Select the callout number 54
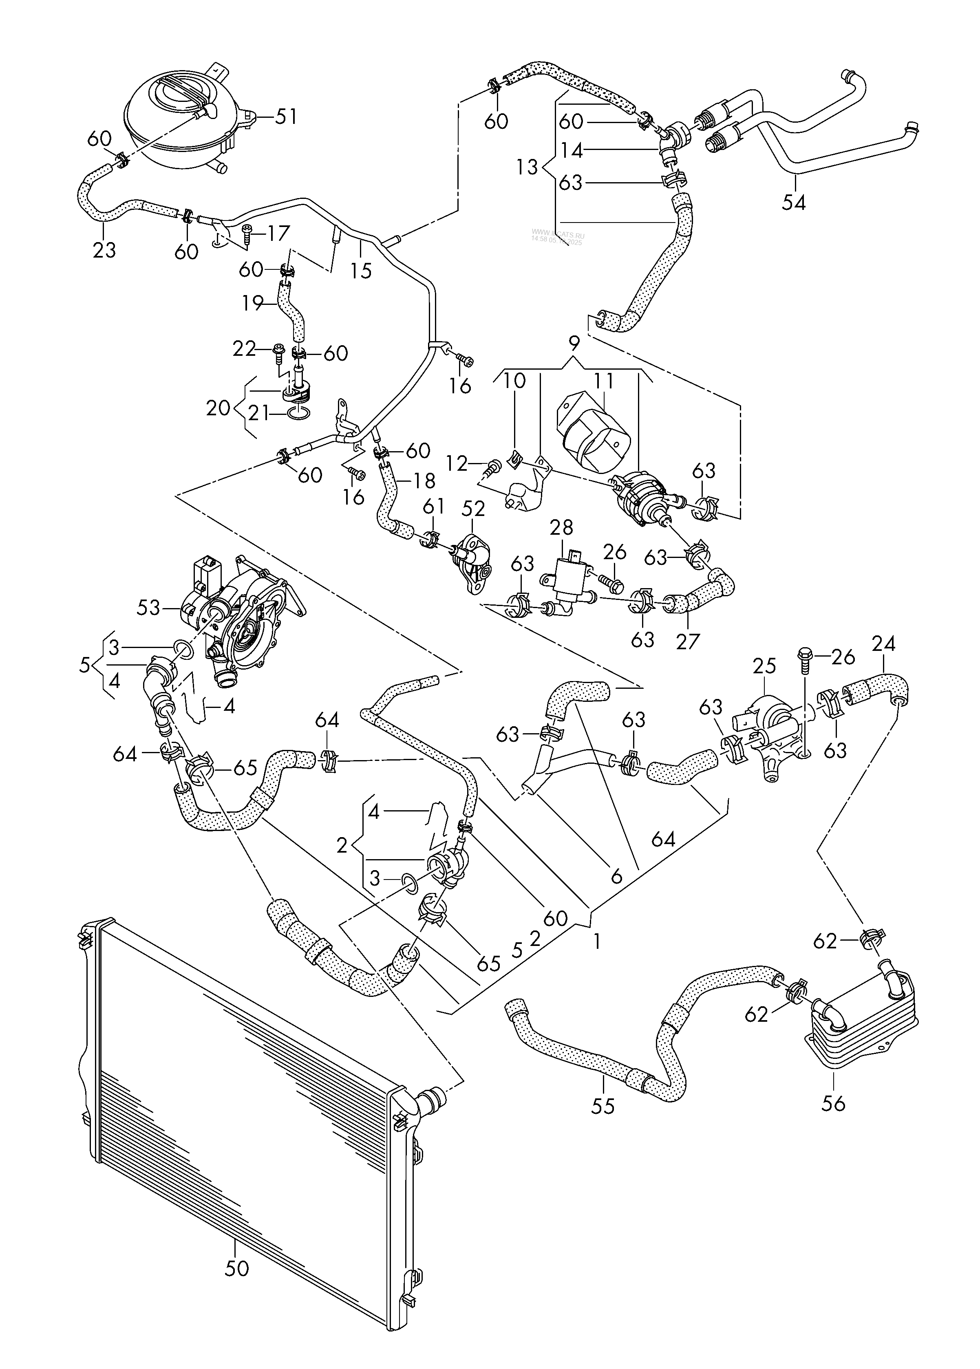point(794,202)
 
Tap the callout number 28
point(561,527)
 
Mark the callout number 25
point(764,667)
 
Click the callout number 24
point(883,644)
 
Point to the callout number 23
point(104,249)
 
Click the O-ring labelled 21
point(299,413)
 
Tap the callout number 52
point(474,509)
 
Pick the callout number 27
point(687,641)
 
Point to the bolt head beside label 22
point(278,349)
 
